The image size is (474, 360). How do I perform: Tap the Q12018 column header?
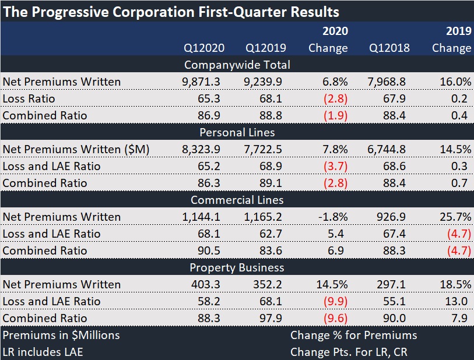click(x=389, y=48)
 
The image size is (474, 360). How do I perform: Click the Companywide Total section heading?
click(x=237, y=65)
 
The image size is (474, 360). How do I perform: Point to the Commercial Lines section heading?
click(x=237, y=200)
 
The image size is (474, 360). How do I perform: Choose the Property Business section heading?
click(x=237, y=267)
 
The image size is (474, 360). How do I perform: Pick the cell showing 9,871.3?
click(x=201, y=82)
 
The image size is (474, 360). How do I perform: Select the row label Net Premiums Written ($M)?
click(x=76, y=149)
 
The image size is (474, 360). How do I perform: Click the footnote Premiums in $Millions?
click(x=61, y=335)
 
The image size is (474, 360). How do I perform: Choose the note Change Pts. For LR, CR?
click(x=353, y=352)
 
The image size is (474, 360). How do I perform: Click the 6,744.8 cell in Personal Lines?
click(x=389, y=149)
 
